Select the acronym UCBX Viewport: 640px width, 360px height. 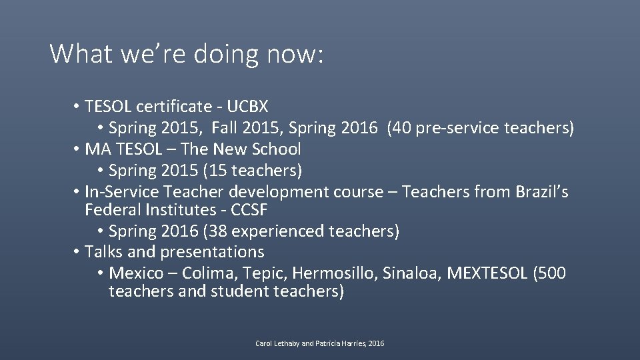pyautogui.click(x=247, y=107)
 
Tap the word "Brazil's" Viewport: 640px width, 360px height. pyautogui.click(x=541, y=192)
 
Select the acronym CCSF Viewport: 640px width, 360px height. pyautogui.click(x=255, y=211)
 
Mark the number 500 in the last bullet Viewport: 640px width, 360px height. pyautogui.click(x=551, y=273)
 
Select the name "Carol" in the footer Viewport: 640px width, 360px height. pyautogui.click(x=265, y=343)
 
